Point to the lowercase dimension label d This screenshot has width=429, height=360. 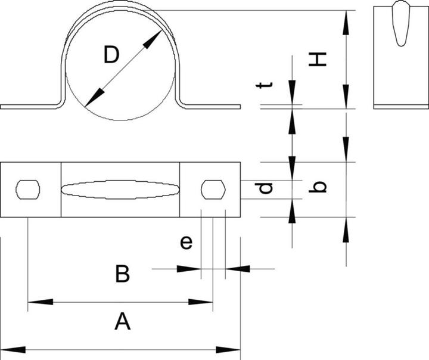pos(265,188)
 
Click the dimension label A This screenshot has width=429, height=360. pos(122,322)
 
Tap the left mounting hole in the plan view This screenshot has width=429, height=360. pos(28,190)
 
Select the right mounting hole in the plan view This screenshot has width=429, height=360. pos(213,190)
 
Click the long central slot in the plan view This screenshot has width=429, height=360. pos(120,190)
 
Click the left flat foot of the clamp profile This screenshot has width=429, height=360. pos(30,107)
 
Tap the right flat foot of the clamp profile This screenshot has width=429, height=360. pos(212,107)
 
